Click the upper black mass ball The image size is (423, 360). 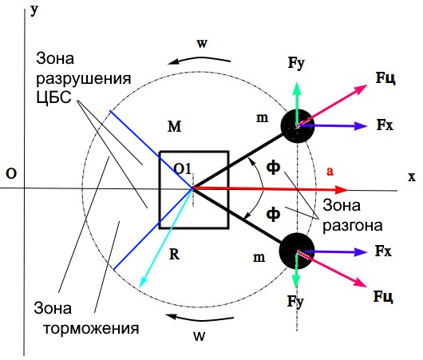298,126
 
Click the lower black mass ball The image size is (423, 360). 297,251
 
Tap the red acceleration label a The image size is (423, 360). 330,171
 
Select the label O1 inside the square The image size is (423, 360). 182,169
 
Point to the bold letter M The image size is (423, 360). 174,126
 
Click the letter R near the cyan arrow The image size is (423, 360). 174,254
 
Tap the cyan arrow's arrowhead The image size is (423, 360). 142,282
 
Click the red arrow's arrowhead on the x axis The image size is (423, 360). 342,190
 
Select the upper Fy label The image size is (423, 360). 296,63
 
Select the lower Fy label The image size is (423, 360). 295,302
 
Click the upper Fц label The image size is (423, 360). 385,78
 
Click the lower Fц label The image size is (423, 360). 383,297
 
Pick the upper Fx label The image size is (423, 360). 385,125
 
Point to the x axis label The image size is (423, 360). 412,177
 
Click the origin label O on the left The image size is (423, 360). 11,174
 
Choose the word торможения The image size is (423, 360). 91,329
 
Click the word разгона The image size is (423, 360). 353,225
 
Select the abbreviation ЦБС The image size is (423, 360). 54,97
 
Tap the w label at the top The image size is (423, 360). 202,43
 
